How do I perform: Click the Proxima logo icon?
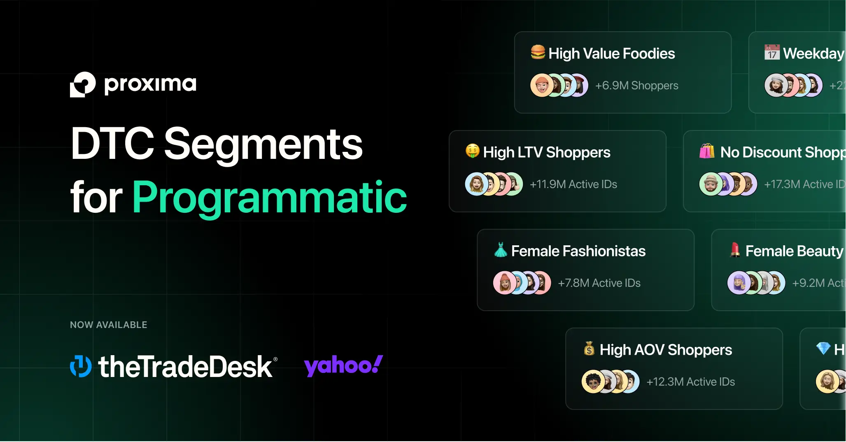(x=82, y=84)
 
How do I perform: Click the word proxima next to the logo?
(x=150, y=84)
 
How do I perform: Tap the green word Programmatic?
(x=270, y=198)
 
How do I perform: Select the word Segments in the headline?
(x=263, y=144)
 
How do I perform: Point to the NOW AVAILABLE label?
(x=109, y=325)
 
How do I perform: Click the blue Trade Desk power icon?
(x=81, y=366)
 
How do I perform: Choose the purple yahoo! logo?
(x=343, y=365)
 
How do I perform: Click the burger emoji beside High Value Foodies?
(x=538, y=52)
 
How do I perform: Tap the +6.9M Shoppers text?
(x=636, y=86)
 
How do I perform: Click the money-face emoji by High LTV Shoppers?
(x=473, y=151)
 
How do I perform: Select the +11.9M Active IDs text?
(x=573, y=184)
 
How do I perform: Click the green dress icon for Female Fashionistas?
(x=501, y=250)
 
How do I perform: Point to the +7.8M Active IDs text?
(x=599, y=283)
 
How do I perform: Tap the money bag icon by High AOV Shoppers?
(x=589, y=349)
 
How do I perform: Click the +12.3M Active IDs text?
(x=690, y=382)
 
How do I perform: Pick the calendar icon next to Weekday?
(x=772, y=52)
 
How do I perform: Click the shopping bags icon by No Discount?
(x=707, y=151)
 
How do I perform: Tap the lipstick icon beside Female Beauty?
(x=735, y=250)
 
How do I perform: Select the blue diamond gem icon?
(x=823, y=348)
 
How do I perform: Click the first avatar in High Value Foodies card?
(x=541, y=86)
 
